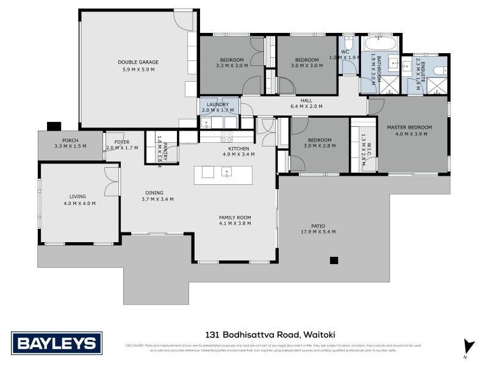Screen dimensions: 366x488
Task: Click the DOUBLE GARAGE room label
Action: [x=138, y=62]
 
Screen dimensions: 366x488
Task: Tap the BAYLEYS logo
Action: [x=56, y=343]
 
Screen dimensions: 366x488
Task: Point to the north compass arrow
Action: [x=467, y=346]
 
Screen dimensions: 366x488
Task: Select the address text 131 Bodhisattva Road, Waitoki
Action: [x=269, y=334]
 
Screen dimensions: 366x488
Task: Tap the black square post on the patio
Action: [x=334, y=260]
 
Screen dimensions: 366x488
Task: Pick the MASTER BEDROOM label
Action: [x=409, y=127]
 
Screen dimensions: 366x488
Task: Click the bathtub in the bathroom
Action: [x=380, y=45]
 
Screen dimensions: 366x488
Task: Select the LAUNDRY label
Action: [x=218, y=105]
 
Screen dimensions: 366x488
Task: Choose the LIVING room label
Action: [x=77, y=196]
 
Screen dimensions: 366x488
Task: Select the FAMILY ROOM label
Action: [x=235, y=217]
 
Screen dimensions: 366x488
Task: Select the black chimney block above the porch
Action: [x=54, y=126]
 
